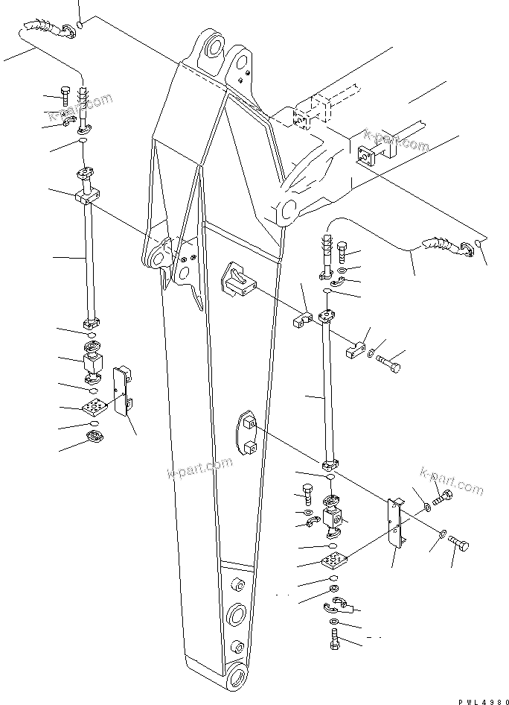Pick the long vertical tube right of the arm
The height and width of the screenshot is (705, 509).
327,388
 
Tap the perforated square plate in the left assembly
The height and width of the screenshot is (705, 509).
95,407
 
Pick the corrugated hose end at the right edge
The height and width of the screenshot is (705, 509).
438,245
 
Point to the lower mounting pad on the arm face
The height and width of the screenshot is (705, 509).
248,434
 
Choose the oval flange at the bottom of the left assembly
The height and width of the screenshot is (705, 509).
96,436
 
